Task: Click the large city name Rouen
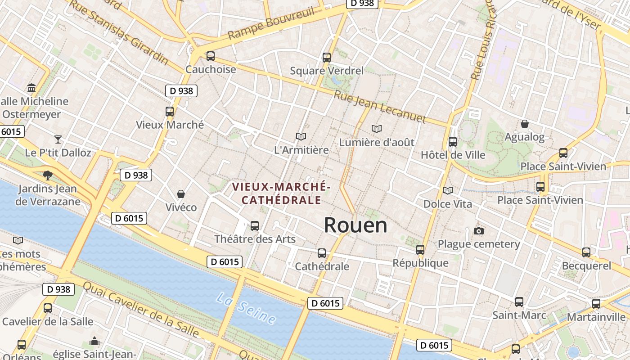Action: click(355, 225)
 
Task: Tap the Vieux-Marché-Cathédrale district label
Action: click(281, 193)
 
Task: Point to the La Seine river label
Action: click(246, 308)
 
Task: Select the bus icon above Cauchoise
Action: click(210, 56)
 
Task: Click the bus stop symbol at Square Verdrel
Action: click(327, 58)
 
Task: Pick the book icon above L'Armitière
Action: click(301, 136)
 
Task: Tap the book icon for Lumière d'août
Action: click(377, 129)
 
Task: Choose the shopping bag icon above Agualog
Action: click(524, 124)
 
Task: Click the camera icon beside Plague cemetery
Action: click(479, 231)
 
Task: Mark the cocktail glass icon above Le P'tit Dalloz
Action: click(58, 139)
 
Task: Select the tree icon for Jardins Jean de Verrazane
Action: click(47, 175)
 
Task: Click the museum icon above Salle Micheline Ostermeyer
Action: click(31, 88)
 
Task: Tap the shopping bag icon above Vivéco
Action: click(181, 194)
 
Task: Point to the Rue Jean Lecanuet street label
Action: click(380, 106)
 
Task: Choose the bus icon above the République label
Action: click(420, 249)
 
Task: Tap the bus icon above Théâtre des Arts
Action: click(255, 225)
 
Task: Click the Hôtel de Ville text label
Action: click(453, 155)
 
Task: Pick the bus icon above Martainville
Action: click(596, 304)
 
